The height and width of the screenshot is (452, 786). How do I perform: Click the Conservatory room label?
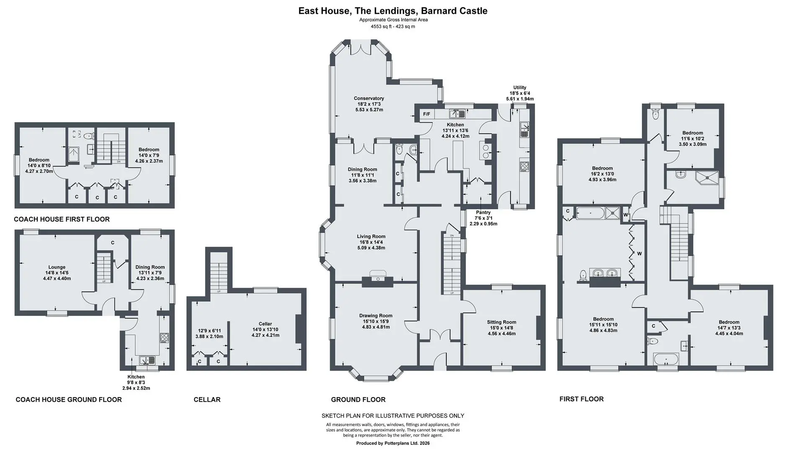369,98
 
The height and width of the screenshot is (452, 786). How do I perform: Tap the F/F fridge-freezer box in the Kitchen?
427,114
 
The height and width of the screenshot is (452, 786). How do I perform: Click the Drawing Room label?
376,316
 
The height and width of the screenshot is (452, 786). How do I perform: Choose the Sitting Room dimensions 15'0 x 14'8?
501,328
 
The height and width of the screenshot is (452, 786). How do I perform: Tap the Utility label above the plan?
520,88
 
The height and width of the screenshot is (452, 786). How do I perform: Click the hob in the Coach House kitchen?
164,337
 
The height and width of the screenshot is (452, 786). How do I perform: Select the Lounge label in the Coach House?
57,267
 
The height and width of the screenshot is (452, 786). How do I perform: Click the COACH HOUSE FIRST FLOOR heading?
62,219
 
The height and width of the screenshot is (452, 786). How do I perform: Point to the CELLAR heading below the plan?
207,400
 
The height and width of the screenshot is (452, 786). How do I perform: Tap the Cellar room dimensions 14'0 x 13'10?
265,330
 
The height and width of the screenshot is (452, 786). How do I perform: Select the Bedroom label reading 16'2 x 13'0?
602,168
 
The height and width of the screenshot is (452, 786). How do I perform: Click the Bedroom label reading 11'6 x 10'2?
693,133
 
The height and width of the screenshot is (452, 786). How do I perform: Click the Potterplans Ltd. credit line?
393,443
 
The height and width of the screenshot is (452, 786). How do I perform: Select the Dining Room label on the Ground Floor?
362,169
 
